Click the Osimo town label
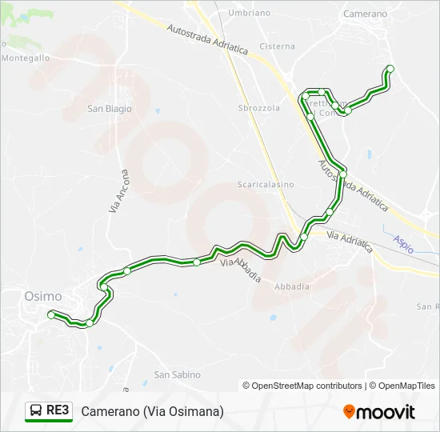pyautogui.click(x=43, y=296)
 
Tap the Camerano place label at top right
pyautogui.click(x=364, y=14)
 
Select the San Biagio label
pyautogui.click(x=110, y=109)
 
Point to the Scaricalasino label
pyautogui.click(x=266, y=185)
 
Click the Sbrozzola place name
pyautogui.click(x=259, y=108)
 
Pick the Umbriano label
pyautogui.click(x=249, y=14)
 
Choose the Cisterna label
pyautogui.click(x=278, y=46)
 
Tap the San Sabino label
pyautogui.click(x=178, y=374)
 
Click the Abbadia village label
pyautogui.click(x=291, y=286)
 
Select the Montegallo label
pyautogui.click(x=26, y=58)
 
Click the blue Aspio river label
pyautogui.click(x=403, y=244)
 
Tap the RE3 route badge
pyautogui.click(x=58, y=411)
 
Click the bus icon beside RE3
pyautogui.click(x=37, y=411)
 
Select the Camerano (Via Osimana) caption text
pyautogui.click(x=152, y=411)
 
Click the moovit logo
pyautogui.click(x=379, y=412)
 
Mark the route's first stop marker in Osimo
pyautogui.click(x=51, y=315)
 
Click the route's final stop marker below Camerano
pyautogui.click(x=390, y=69)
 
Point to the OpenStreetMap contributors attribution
pyautogui.click(x=302, y=386)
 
